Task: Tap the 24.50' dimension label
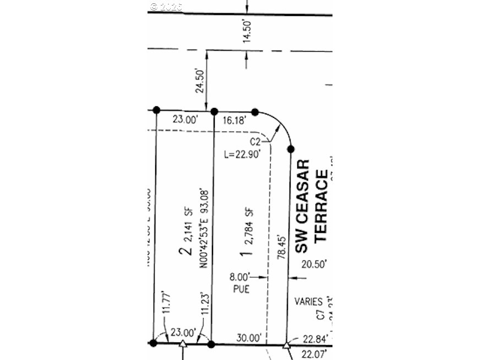tap(201, 80)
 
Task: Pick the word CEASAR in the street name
tap(303, 206)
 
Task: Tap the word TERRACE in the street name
tap(320, 206)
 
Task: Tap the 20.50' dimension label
tap(315, 265)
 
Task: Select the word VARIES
tap(308, 302)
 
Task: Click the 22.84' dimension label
tap(316, 338)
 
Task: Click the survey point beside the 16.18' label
tap(254, 112)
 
